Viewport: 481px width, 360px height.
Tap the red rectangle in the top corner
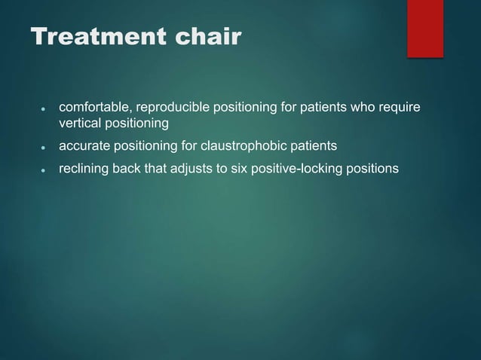click(x=425, y=28)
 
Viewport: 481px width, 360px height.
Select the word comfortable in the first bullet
click(x=93, y=108)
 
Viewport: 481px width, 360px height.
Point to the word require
click(x=400, y=108)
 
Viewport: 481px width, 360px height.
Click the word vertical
click(x=79, y=123)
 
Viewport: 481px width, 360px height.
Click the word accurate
click(x=83, y=145)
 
